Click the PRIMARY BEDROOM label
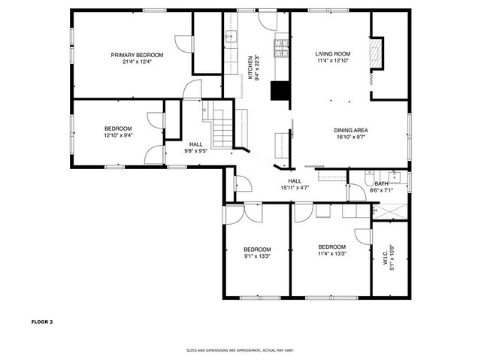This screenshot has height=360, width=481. tap(137, 55)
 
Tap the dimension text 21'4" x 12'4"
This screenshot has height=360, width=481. tap(137, 62)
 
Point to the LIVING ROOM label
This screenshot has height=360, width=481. tap(333, 54)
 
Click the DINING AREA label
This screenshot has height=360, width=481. tap(351, 130)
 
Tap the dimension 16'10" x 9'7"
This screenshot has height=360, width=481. tap(351, 138)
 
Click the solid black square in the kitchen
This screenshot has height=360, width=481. tap(280, 90)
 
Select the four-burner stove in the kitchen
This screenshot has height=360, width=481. tap(282, 48)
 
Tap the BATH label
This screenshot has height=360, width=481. tap(382, 184)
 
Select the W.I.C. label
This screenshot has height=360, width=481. tap(384, 256)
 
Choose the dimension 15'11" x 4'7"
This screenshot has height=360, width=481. tap(295, 188)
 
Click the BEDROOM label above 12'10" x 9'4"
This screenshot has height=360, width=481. tap(118, 129)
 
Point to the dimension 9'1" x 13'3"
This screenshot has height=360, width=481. tap(257, 256)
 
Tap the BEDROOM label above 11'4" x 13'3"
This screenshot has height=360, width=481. tap(331, 247)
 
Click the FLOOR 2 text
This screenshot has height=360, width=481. tap(42, 322)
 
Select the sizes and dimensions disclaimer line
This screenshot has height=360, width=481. tap(240, 350)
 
